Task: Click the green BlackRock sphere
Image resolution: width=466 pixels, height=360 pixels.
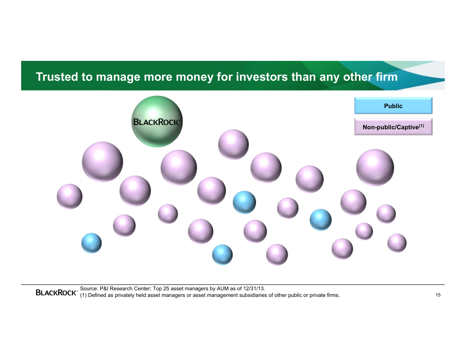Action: pos(157,121)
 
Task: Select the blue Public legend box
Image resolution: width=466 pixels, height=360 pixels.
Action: pos(393,105)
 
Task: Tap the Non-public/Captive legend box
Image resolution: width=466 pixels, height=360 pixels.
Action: pos(393,127)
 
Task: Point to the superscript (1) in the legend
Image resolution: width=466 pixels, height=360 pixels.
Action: pos(421,126)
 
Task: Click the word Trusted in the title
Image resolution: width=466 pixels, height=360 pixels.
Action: pos(57,77)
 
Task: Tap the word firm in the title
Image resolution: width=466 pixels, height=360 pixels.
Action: pos(387,77)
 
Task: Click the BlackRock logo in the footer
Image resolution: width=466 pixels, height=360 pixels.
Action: pos(56,292)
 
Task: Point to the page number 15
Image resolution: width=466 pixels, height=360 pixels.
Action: pos(438,295)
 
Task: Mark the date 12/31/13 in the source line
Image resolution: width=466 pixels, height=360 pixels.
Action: pos(254,289)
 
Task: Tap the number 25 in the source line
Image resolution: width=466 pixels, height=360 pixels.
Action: pos(166,289)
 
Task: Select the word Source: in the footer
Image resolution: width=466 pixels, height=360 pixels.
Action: pos(89,289)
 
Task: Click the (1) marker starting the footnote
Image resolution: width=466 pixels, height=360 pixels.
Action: pos(83,295)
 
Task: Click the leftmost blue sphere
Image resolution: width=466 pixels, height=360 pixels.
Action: pos(91,243)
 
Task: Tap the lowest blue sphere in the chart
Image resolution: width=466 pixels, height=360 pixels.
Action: pos(222,255)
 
